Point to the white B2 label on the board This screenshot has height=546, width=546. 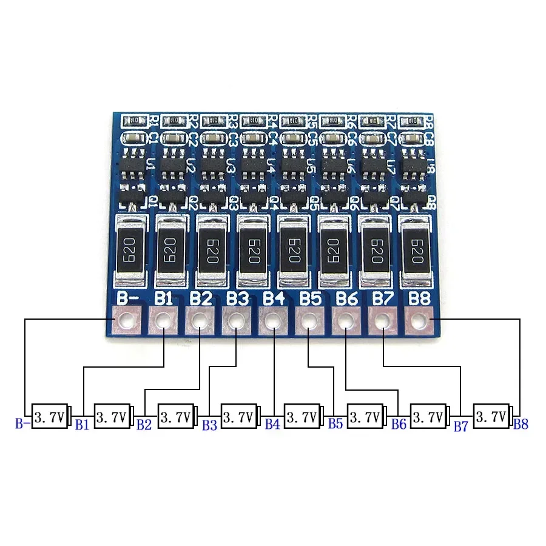click(201, 298)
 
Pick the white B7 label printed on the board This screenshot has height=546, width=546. click(383, 298)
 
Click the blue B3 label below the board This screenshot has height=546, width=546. click(209, 425)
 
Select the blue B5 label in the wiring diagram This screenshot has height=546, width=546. click(335, 423)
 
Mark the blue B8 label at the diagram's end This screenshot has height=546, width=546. click(521, 424)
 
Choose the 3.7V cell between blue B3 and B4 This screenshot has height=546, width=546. click(239, 417)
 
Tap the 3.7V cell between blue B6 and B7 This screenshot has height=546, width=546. click(428, 417)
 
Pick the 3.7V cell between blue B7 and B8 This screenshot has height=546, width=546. click(491, 417)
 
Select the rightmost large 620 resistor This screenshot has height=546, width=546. click(417, 249)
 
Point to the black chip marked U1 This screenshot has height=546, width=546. click(133, 164)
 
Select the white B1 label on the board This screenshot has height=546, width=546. click(164, 298)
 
